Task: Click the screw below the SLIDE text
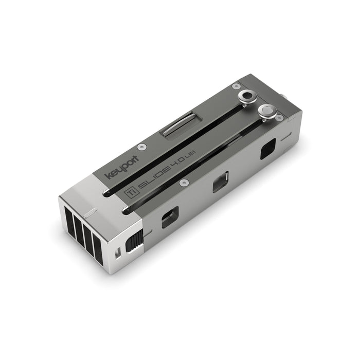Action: (183, 183)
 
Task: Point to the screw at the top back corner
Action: (236, 86)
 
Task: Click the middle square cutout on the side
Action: (221, 182)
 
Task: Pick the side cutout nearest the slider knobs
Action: (268, 150)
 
